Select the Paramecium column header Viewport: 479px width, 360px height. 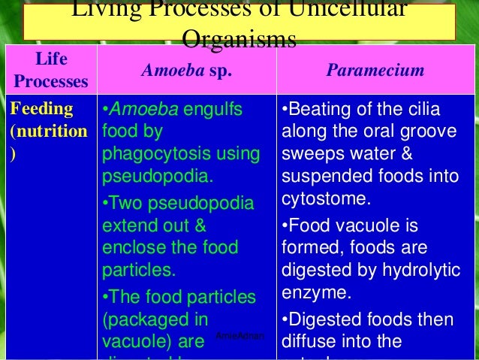[375, 71]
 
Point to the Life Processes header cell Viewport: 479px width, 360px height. [50, 71]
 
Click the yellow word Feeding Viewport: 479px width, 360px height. [41, 109]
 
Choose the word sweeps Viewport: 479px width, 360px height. [309, 156]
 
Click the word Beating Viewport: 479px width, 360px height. [319, 110]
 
